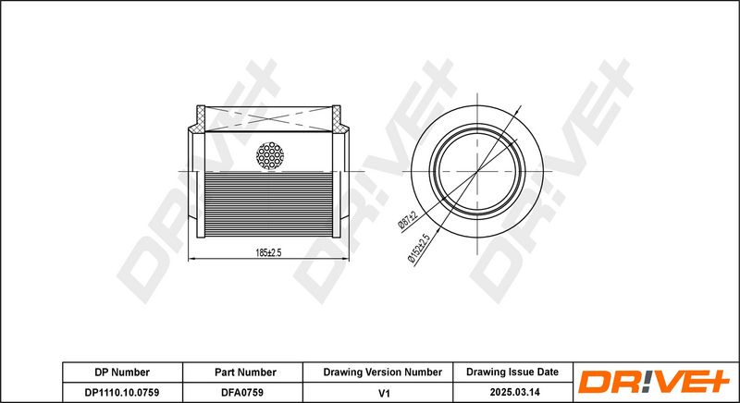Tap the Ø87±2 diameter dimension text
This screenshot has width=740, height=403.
(x=408, y=218)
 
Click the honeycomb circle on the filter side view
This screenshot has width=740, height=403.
(x=271, y=155)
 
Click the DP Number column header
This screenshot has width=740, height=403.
(x=122, y=372)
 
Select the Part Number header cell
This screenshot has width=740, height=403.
(x=244, y=372)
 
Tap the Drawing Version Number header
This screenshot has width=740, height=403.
(x=381, y=372)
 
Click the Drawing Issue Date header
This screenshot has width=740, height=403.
(x=512, y=372)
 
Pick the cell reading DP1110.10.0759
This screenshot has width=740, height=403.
(x=122, y=392)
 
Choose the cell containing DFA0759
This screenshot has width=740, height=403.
(x=244, y=392)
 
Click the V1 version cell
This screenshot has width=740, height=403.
(x=381, y=392)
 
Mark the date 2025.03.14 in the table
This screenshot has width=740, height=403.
(x=512, y=392)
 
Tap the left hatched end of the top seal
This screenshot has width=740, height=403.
(x=201, y=118)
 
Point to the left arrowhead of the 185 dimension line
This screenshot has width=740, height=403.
(x=192, y=258)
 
